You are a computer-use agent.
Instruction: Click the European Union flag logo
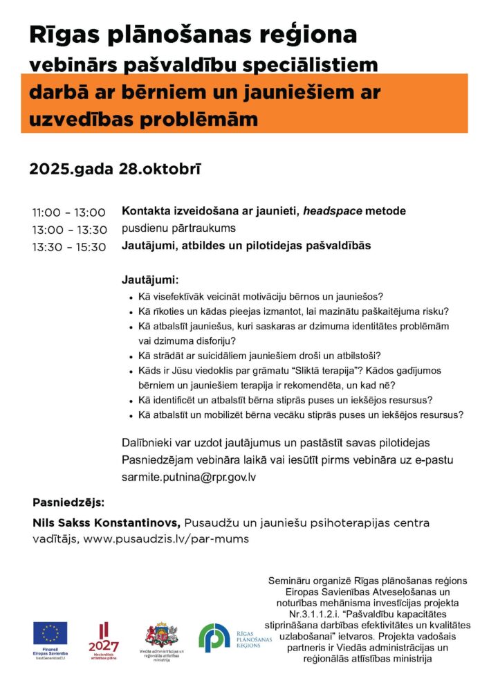(50, 632)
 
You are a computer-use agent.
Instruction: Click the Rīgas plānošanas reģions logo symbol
(213, 637)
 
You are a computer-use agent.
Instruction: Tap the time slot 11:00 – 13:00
(68, 212)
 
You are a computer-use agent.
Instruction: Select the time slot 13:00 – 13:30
(68, 230)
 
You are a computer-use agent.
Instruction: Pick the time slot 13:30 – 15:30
(68, 247)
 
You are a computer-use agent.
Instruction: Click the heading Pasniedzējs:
(67, 502)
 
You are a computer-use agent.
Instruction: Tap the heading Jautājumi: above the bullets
(150, 280)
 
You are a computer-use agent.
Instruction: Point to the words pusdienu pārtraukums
(178, 229)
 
